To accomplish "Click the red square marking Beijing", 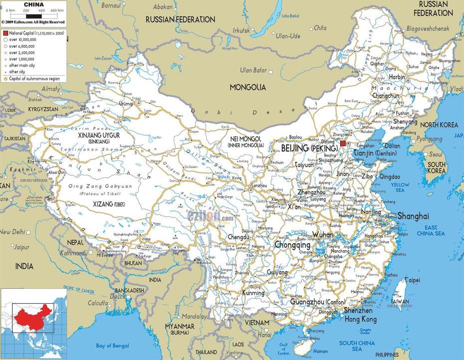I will tap(343, 143).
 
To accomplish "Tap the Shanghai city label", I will tap(413, 216).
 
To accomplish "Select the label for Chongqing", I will tap(292, 245).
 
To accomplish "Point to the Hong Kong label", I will tap(361, 319).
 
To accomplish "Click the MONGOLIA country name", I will tap(247, 87).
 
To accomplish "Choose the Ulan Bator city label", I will tap(253, 70).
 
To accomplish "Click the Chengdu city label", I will tap(238, 237).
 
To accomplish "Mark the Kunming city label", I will tap(253, 293).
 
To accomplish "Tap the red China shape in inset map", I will tap(30, 315).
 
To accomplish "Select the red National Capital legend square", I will tap(5, 32).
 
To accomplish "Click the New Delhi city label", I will tap(11, 232).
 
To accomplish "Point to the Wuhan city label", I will tap(322, 234).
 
